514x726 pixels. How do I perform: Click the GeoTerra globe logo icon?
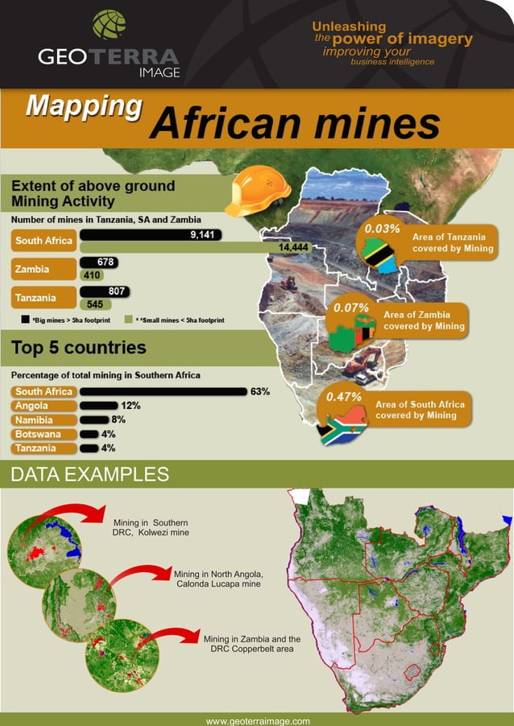pyautogui.click(x=109, y=24)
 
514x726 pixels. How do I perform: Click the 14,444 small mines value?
pyautogui.click(x=293, y=247)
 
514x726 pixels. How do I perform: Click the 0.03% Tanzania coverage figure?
pyautogui.click(x=382, y=229)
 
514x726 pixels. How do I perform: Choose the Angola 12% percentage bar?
pyautogui.click(x=98, y=406)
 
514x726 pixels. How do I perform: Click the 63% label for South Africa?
pyautogui.click(x=259, y=392)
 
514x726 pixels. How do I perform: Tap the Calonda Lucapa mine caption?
pyautogui.click(x=218, y=579)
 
